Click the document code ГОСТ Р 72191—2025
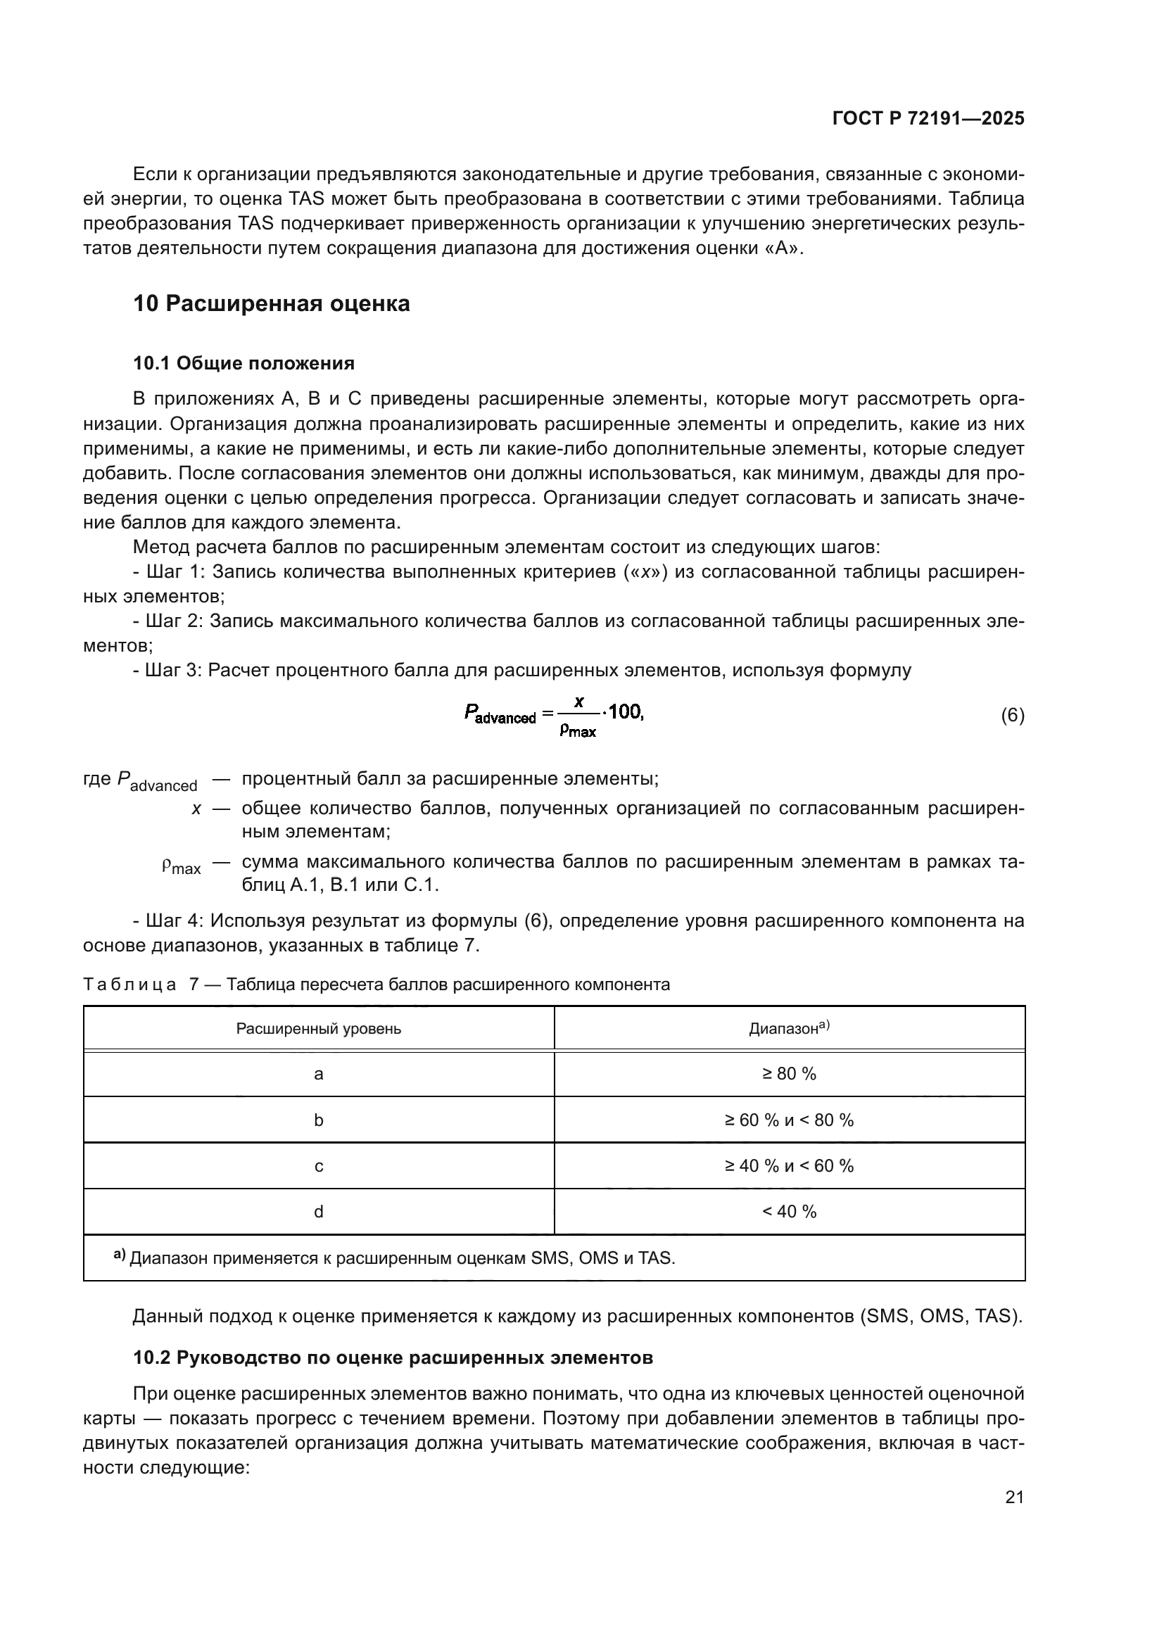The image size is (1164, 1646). (928, 118)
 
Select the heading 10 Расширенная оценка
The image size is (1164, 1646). (272, 303)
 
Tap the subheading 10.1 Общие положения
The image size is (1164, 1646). (243, 362)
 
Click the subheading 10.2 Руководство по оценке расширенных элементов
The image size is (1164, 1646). (393, 1357)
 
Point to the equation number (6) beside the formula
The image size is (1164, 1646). (1012, 715)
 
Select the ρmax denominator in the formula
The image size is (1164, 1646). (578, 731)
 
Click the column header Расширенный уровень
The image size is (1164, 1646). (318, 1029)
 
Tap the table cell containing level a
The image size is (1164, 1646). (318, 1074)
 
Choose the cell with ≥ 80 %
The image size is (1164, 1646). (789, 1074)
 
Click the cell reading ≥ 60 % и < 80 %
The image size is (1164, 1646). (789, 1120)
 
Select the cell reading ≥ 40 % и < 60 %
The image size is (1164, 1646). (789, 1165)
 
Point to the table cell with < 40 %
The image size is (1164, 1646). (789, 1212)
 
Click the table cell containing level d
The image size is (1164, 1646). (318, 1212)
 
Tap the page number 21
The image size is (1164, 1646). (1014, 1497)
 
